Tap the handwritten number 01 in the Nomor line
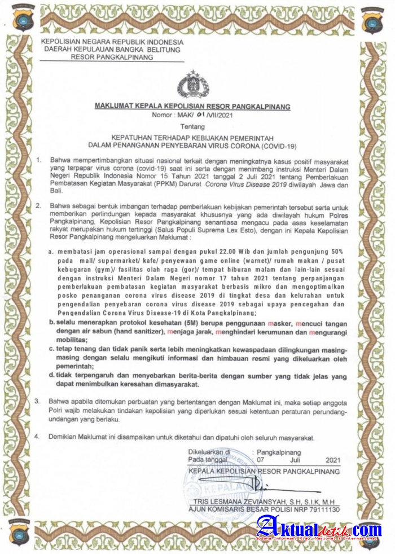tap(197, 115)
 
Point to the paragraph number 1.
tap(38, 160)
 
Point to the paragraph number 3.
tap(38, 402)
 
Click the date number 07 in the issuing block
tap(260, 460)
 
